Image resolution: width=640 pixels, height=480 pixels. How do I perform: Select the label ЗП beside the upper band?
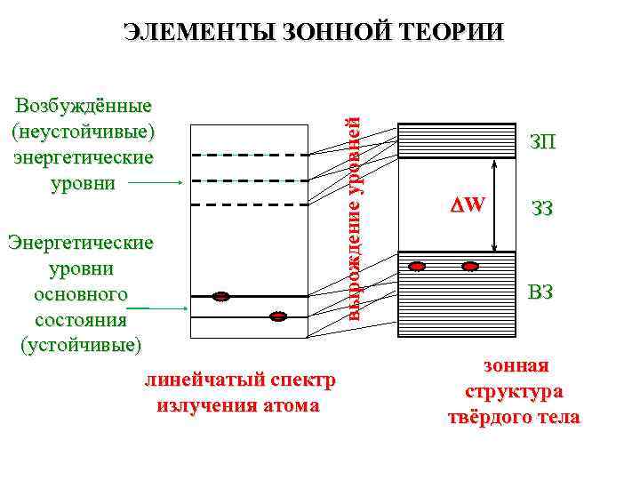click(543, 141)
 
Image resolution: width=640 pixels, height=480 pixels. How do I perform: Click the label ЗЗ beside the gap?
click(542, 209)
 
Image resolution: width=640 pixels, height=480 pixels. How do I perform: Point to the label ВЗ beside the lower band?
click(541, 291)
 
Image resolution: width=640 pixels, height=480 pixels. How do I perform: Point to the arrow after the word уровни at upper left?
click(162, 182)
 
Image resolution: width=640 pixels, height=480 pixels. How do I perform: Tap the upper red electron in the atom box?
click(222, 296)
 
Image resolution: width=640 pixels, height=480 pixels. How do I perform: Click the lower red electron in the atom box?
click(278, 316)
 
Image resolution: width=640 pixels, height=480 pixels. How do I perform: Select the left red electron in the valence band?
click(417, 266)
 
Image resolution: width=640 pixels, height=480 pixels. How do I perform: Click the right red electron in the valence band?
click(470, 266)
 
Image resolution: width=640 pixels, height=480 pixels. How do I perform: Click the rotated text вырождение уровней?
click(353, 219)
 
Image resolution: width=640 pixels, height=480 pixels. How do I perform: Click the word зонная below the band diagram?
click(516, 365)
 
